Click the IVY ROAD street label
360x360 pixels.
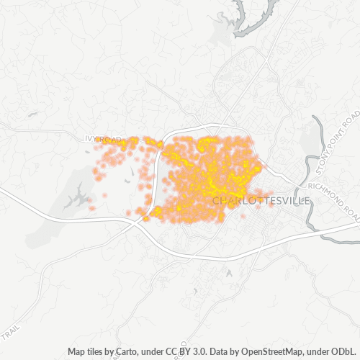pyautogui.click(x=101, y=138)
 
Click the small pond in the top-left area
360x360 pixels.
pyautogui.click(x=32, y=113)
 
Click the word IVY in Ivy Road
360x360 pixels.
pyautogui.click(x=89, y=138)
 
